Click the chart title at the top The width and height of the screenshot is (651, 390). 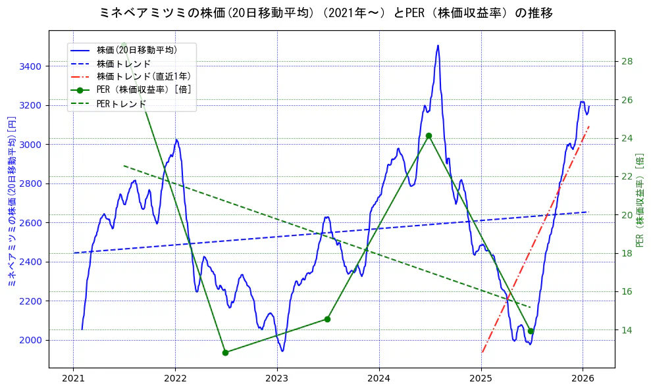(325, 12)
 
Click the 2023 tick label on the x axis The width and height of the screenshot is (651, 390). (277, 378)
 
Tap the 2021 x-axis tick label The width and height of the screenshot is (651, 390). (73, 378)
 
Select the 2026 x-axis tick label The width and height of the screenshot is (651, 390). (583, 378)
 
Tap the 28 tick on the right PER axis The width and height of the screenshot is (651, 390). (627, 62)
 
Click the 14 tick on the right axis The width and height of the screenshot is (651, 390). (627, 330)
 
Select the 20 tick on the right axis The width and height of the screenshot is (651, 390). (627, 215)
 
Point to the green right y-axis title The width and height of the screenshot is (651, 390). (640, 200)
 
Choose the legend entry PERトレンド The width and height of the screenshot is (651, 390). (121, 104)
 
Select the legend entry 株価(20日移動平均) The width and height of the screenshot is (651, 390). (136, 49)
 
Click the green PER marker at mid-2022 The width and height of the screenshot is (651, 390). (225, 353)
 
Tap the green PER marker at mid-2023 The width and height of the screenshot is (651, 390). (327, 319)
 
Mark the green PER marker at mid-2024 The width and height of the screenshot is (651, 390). (429, 135)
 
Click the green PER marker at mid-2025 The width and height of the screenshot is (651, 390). (531, 331)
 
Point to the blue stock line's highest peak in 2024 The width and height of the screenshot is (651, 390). (438, 45)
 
